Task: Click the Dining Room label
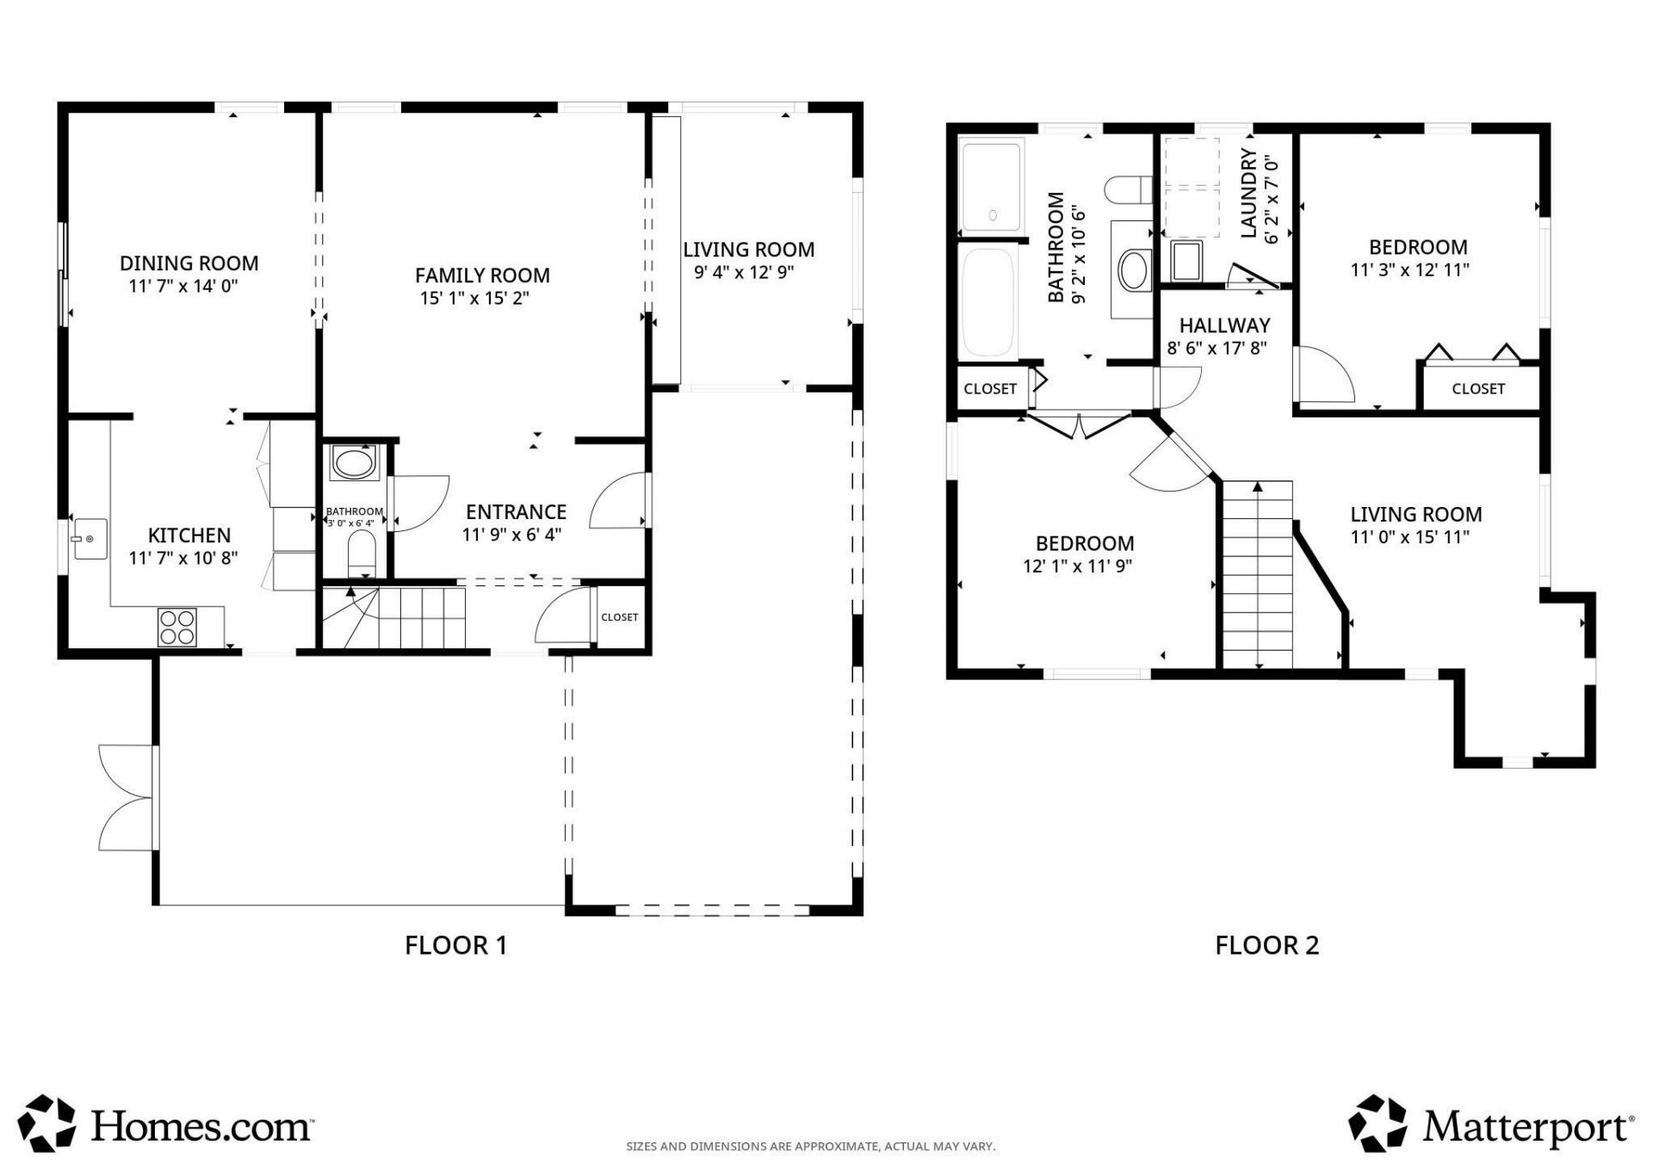click(x=189, y=263)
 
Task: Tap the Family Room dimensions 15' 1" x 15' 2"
click(x=474, y=299)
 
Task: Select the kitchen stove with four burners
click(x=177, y=627)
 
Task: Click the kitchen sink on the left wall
click(x=90, y=539)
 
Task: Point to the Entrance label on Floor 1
click(x=516, y=512)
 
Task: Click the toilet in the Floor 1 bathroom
click(x=362, y=552)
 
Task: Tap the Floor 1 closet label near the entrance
click(x=619, y=617)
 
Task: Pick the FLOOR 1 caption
click(x=455, y=945)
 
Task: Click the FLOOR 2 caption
click(x=1266, y=945)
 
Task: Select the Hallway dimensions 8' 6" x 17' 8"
click(x=1217, y=349)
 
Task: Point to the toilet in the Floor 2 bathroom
click(x=1129, y=189)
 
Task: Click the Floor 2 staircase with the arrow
click(x=1258, y=574)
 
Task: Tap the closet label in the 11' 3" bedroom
click(x=1477, y=389)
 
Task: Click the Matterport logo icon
click(x=1377, y=1123)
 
